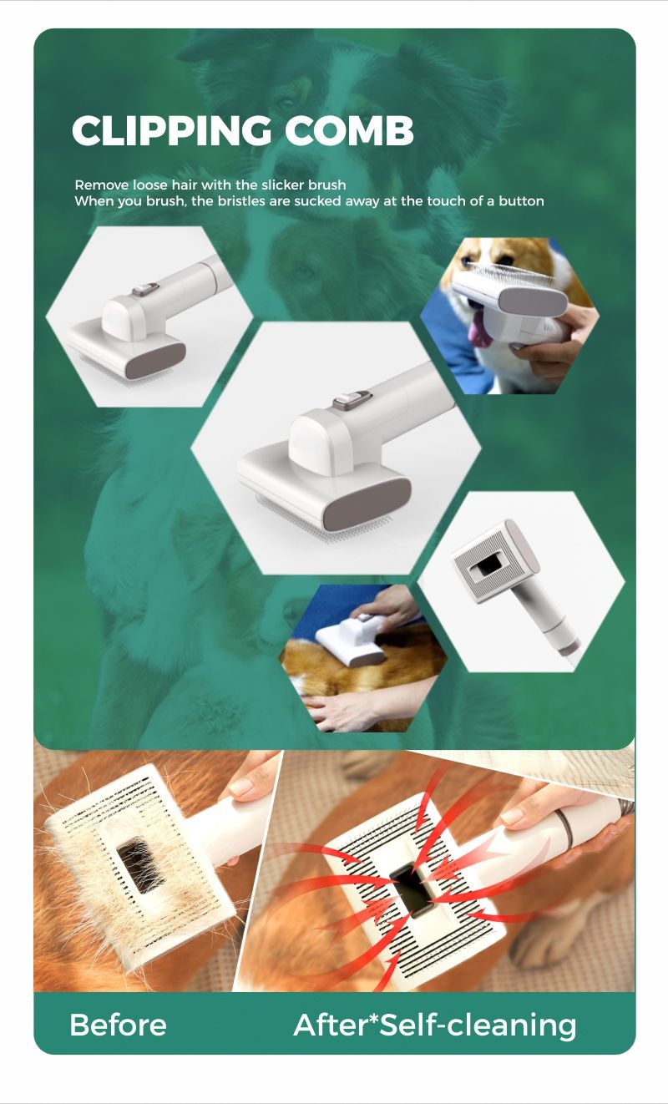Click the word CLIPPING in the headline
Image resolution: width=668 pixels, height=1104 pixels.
(x=172, y=130)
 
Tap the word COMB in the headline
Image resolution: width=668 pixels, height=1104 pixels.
(x=349, y=130)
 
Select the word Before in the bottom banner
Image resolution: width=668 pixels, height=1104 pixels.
(x=119, y=1026)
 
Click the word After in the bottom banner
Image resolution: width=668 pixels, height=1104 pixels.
(x=331, y=1026)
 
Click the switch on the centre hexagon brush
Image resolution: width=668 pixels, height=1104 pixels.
(x=351, y=400)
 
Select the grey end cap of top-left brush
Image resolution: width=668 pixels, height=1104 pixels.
(x=155, y=360)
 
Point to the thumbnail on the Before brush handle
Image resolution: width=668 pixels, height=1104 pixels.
(x=242, y=787)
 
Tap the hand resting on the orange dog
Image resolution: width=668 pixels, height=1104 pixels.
(x=345, y=707)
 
